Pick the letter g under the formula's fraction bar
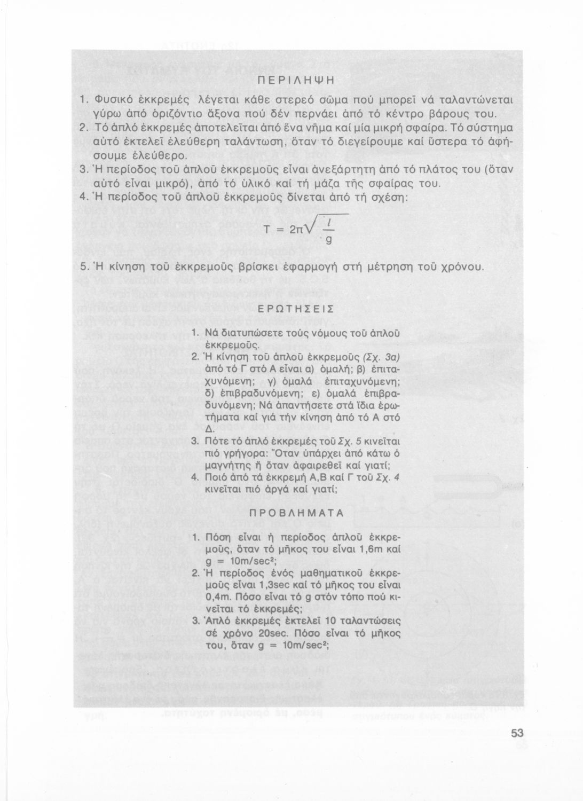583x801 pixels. coord(329,241)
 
